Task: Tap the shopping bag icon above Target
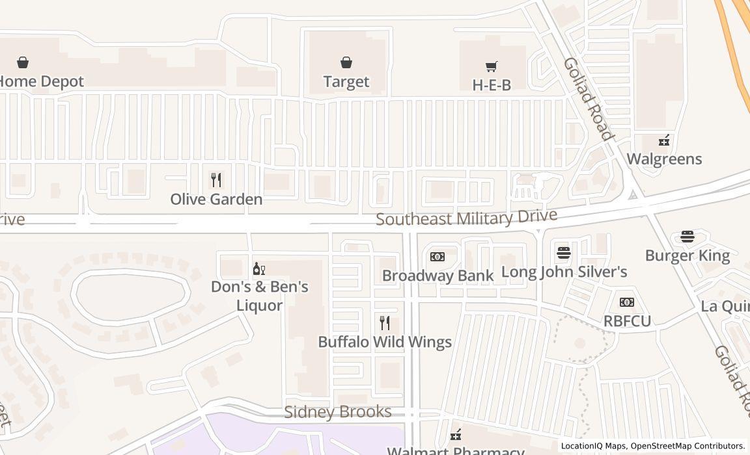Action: coord(346,62)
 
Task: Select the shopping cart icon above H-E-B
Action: coord(492,66)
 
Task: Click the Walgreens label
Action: coord(664,159)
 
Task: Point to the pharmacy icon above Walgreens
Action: coord(664,140)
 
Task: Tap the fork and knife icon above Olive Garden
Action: coord(216,179)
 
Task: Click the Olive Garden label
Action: coord(216,200)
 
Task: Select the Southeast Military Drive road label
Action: coord(466,217)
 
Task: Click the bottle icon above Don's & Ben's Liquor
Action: coord(259,268)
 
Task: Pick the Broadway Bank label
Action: coord(437,276)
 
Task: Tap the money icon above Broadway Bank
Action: coord(437,257)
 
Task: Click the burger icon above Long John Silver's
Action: coord(564,252)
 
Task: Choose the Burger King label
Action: coord(687,255)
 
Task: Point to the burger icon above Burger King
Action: coord(687,237)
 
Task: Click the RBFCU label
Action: coord(627,321)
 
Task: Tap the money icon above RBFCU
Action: coord(627,302)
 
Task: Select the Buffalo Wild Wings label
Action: coord(385,342)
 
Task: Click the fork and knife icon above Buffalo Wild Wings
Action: coord(385,322)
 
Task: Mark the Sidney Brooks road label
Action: coord(338,412)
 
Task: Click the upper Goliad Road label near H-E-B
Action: coord(589,99)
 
